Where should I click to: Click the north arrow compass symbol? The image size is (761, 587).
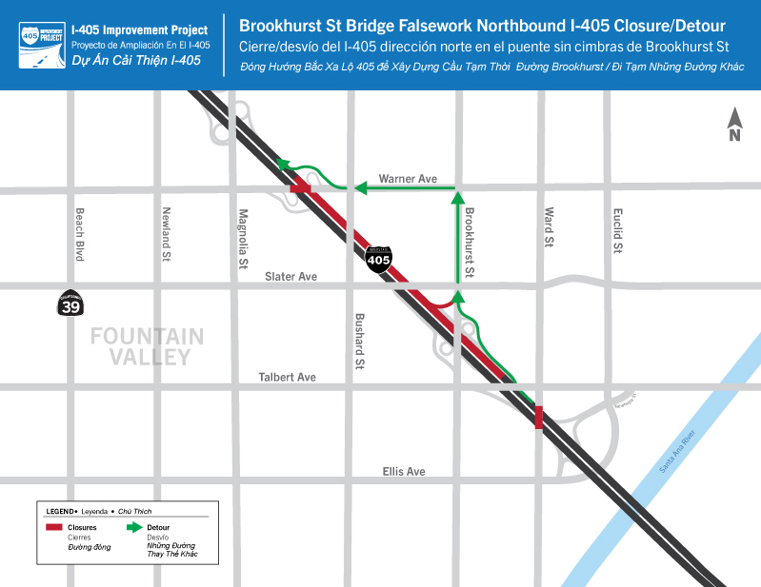tap(734, 125)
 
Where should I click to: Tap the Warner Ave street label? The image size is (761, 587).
tap(408, 178)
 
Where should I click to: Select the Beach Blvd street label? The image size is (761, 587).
tap(80, 234)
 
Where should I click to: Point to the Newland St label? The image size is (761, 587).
tap(166, 234)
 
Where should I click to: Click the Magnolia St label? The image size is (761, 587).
tap(244, 238)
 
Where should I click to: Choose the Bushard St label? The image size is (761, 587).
tap(360, 340)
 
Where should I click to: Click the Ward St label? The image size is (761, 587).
tap(550, 229)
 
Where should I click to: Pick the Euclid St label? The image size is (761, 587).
tap(617, 230)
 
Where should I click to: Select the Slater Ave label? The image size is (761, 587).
tap(290, 276)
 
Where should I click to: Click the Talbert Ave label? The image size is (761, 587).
tap(287, 378)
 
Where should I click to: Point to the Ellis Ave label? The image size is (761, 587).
tap(404, 471)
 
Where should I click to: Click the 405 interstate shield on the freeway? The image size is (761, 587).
tap(379, 258)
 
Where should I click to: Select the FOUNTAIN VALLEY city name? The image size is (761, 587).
tap(147, 346)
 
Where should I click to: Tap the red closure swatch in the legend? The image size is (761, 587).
tap(55, 527)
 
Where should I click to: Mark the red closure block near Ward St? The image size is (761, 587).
tap(539, 417)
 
